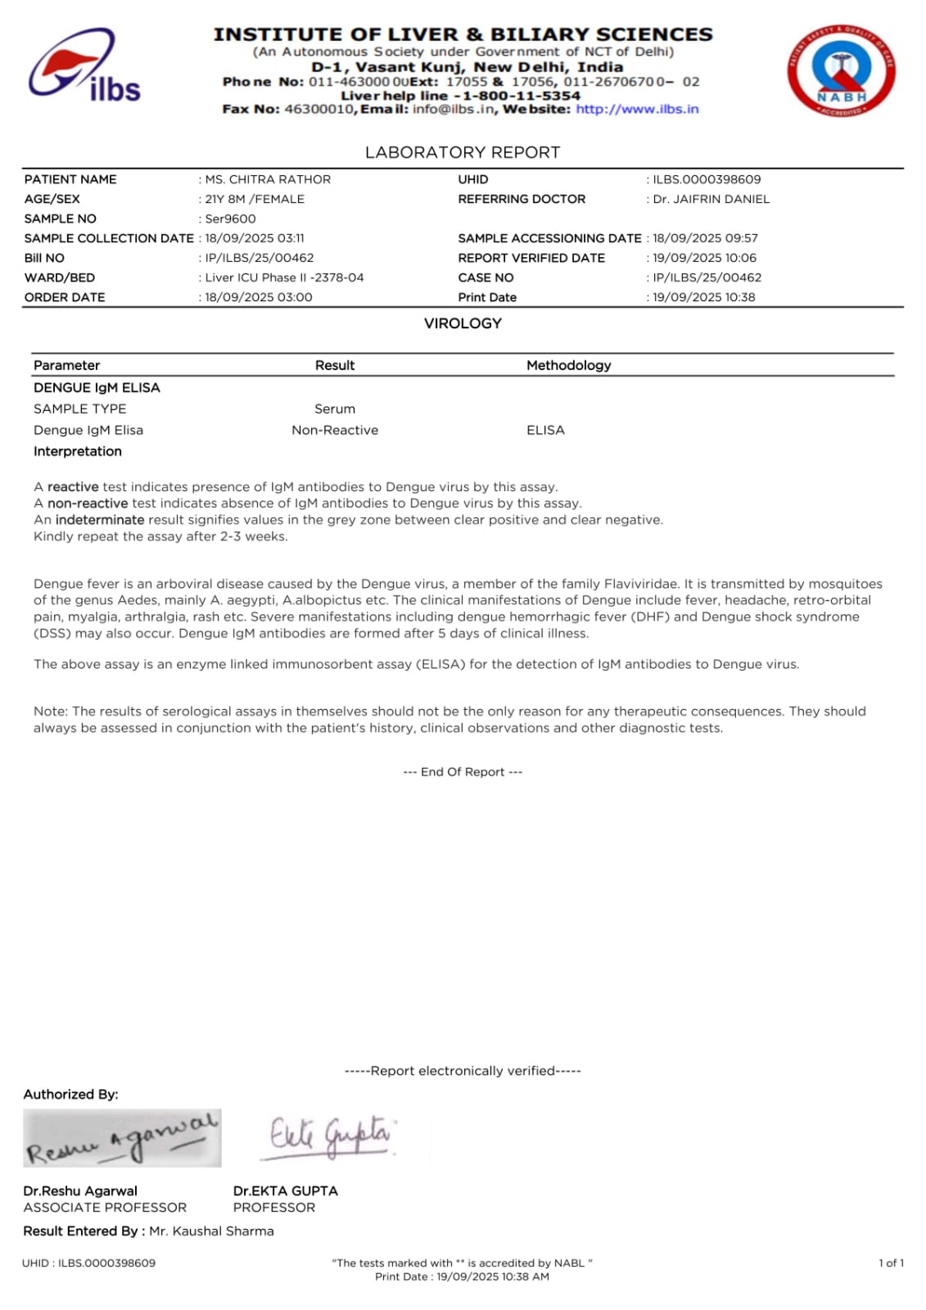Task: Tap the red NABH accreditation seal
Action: [x=841, y=70]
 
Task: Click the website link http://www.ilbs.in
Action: [x=637, y=109]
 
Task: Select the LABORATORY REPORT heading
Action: [x=463, y=152]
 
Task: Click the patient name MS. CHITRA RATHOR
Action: [x=268, y=179]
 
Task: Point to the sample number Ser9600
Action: [x=230, y=219]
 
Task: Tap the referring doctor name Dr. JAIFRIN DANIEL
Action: [x=711, y=199]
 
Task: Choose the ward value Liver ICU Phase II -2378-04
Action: [x=284, y=278]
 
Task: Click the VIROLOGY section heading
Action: [x=463, y=323]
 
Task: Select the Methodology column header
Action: [x=568, y=365]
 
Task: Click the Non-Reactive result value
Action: [x=335, y=430]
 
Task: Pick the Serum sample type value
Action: [x=335, y=409]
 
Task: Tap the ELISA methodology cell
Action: [x=545, y=430]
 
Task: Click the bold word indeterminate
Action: [x=100, y=520]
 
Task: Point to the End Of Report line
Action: [x=463, y=772]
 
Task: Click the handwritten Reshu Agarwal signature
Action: [x=122, y=1138]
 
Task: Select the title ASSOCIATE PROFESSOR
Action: [x=105, y=1208]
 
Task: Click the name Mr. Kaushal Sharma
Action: [x=211, y=1231]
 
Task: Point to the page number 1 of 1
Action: [x=891, y=1263]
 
